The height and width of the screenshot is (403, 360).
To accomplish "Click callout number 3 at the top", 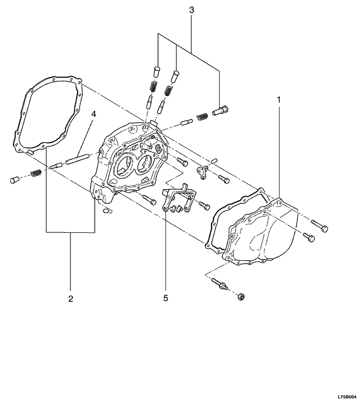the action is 191,10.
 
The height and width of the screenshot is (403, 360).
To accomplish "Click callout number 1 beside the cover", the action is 279,100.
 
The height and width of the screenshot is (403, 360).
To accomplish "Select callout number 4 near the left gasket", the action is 94,114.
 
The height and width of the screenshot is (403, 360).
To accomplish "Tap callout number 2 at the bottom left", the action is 70,299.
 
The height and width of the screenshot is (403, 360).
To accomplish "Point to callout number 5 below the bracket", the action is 166,298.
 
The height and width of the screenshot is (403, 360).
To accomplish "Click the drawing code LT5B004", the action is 347,397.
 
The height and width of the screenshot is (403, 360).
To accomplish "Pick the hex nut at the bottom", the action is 241,297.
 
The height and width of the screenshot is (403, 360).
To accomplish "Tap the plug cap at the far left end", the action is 13,180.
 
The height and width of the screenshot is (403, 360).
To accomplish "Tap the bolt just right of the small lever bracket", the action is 223,179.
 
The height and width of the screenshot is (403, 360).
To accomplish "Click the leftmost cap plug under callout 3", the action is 156,71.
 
